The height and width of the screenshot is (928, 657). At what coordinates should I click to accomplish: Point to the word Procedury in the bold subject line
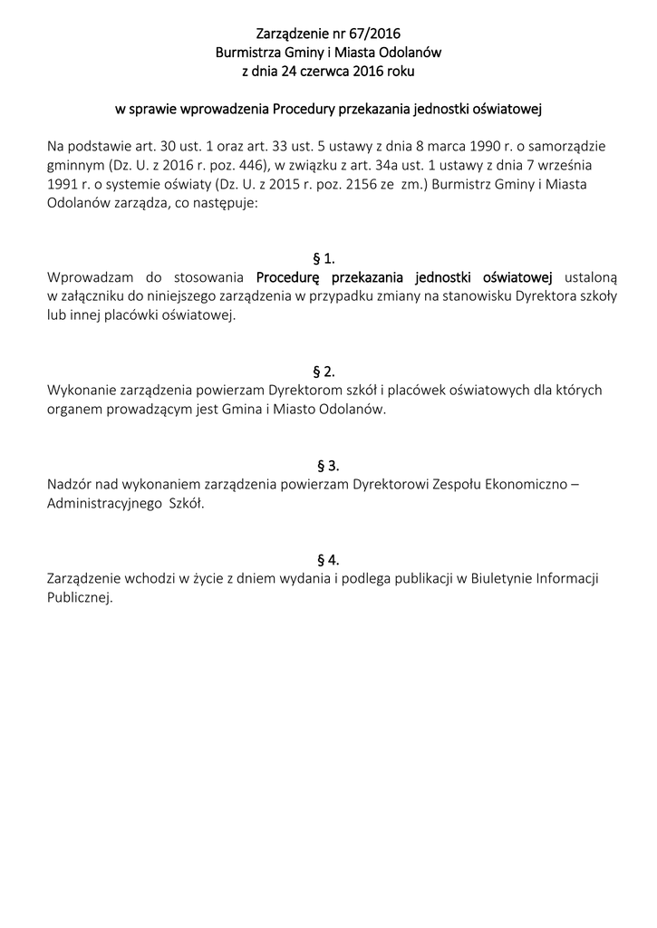pyautogui.click(x=303, y=111)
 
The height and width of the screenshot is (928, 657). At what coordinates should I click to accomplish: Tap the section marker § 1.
pyautogui.click(x=324, y=257)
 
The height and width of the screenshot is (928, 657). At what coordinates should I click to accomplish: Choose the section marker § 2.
pyautogui.click(x=324, y=371)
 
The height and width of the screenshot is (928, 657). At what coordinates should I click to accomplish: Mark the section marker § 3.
pyautogui.click(x=328, y=466)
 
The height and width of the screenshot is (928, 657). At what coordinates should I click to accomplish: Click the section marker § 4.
pyautogui.click(x=328, y=559)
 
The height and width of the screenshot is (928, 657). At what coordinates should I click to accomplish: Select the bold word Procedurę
pyautogui.click(x=289, y=276)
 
